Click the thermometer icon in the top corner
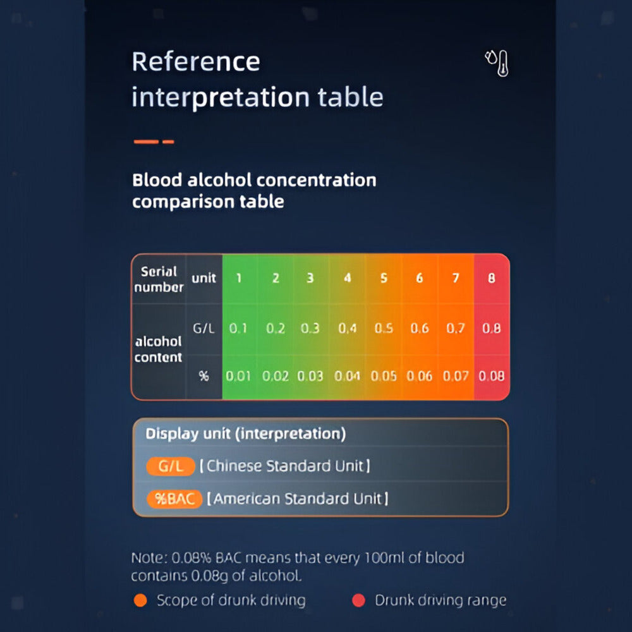point(497,63)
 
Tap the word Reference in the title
point(196,62)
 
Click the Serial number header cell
point(159,279)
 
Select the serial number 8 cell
point(492,278)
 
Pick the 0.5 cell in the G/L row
point(384,328)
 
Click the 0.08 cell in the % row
point(492,376)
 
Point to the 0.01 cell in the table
point(238,376)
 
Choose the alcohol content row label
point(159,349)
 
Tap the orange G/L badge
point(171,466)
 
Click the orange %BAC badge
point(174,499)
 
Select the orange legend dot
point(140,600)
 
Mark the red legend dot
point(358,600)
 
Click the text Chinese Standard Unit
point(285,466)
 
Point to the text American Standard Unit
point(298,499)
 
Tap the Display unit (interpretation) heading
point(246,434)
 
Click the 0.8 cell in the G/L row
point(492,328)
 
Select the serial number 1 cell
point(239,278)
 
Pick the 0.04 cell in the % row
point(347,376)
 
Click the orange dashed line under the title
point(154,142)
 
